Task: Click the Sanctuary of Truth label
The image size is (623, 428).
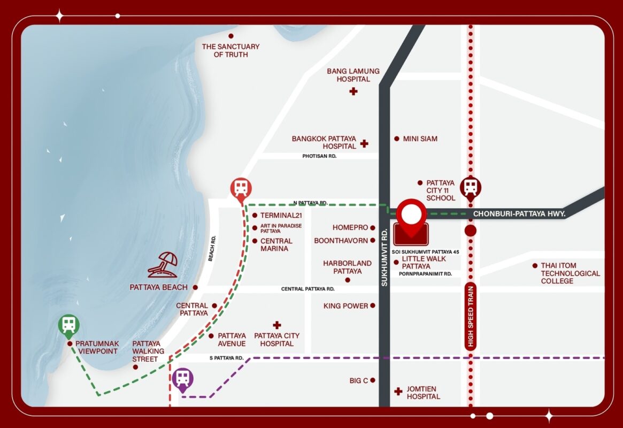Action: (230, 50)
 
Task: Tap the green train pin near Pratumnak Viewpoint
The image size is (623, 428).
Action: (69, 324)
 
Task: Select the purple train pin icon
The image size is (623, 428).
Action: (183, 379)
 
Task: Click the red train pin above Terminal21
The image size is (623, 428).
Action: (241, 188)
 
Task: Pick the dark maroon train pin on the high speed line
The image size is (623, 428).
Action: (471, 187)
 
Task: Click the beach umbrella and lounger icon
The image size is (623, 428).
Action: (163, 265)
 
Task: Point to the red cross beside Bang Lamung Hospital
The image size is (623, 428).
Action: (353, 91)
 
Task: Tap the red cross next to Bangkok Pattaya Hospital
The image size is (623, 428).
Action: (364, 143)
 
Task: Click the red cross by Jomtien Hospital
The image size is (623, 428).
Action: (398, 392)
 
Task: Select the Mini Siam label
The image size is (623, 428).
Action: (420, 139)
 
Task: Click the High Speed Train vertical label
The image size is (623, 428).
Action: (471, 316)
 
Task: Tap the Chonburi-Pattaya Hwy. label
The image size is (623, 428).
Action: (519, 213)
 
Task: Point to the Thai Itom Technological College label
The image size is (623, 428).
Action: (570, 273)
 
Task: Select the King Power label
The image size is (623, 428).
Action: (345, 305)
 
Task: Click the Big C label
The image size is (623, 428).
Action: (359, 380)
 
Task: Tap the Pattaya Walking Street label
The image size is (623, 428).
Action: (146, 351)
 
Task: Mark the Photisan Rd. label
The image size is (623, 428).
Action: (319, 156)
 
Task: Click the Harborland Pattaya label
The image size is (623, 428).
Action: (347, 267)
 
